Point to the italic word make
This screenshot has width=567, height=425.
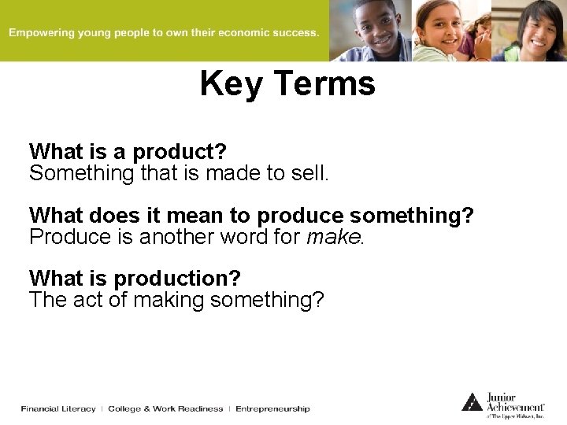pos(334,237)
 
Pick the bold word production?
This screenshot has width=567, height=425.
pos(177,279)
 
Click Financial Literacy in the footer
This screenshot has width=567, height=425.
pos(58,408)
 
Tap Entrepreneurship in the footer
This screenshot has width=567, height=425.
pos(272,408)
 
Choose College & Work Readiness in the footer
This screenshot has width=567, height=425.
pos(165,408)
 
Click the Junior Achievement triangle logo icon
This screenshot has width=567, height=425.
pos(472,402)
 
